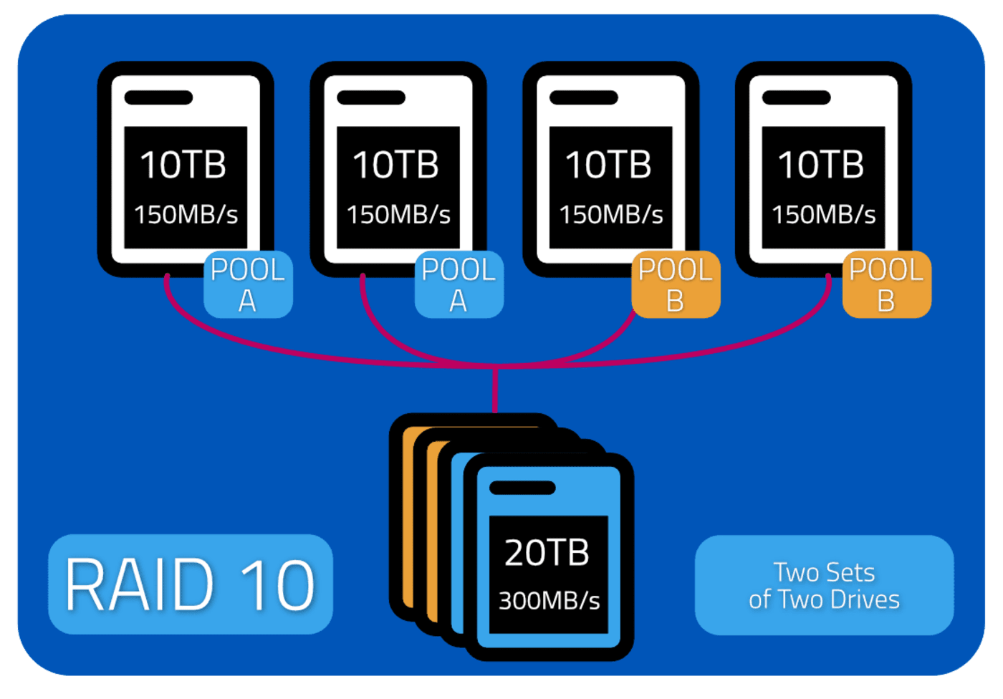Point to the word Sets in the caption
pyautogui.click(x=850, y=572)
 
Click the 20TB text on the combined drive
pyautogui.click(x=547, y=553)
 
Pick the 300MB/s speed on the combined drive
pyautogui.click(x=549, y=601)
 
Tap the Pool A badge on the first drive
pyautogui.click(x=248, y=284)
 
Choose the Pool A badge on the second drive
pyautogui.click(x=459, y=284)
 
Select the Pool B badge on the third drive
pyautogui.click(x=676, y=284)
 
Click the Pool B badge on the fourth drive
pyautogui.click(x=887, y=284)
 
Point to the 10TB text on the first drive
pyautogui.click(x=183, y=165)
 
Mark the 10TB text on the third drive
pyautogui.click(x=608, y=165)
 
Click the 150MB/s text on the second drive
pyautogui.click(x=398, y=214)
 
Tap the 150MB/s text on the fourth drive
pyautogui.click(x=823, y=214)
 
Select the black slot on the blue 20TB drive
pyautogui.click(x=522, y=487)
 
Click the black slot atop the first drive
pyautogui.click(x=158, y=97)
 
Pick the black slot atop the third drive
pyautogui.click(x=583, y=97)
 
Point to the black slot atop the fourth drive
pyautogui.click(x=796, y=97)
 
